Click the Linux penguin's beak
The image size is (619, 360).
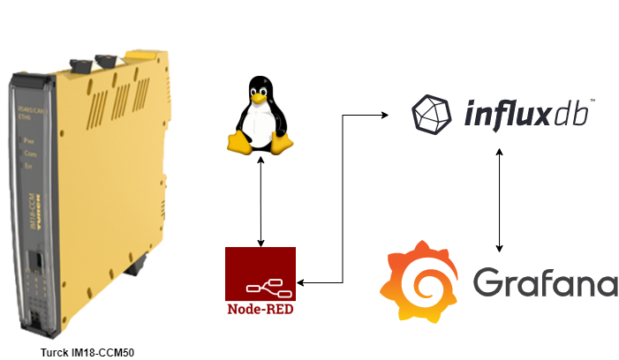pyautogui.click(x=259, y=98)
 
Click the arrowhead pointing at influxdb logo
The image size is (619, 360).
pyautogui.click(x=386, y=114)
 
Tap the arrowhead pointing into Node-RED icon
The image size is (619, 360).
pyautogui.click(x=300, y=282)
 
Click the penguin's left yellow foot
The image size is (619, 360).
pyautogui.click(x=237, y=144)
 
